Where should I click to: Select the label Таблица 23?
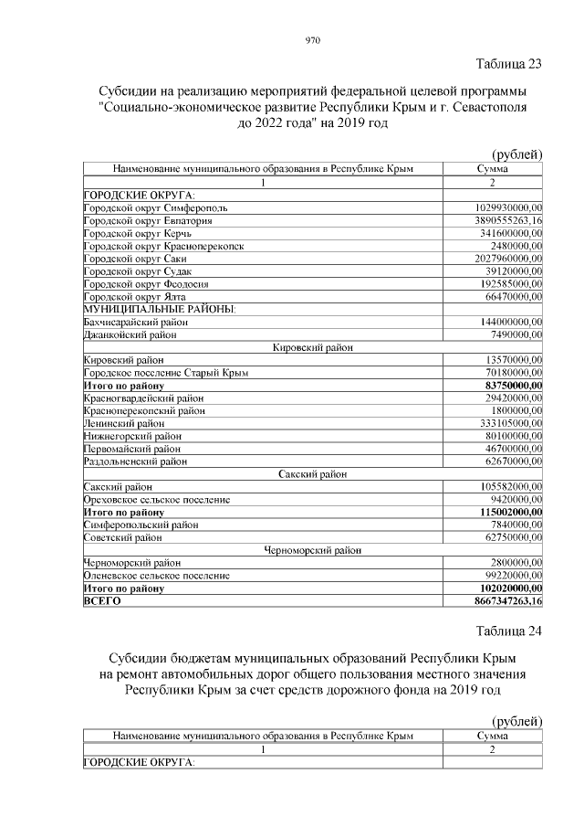(509, 64)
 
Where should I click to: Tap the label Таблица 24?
(509, 631)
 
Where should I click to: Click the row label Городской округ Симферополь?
(155, 208)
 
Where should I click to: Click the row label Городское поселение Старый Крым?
(165, 373)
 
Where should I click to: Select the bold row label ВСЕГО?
(102, 601)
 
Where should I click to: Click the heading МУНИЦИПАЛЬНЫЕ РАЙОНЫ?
(159, 310)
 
